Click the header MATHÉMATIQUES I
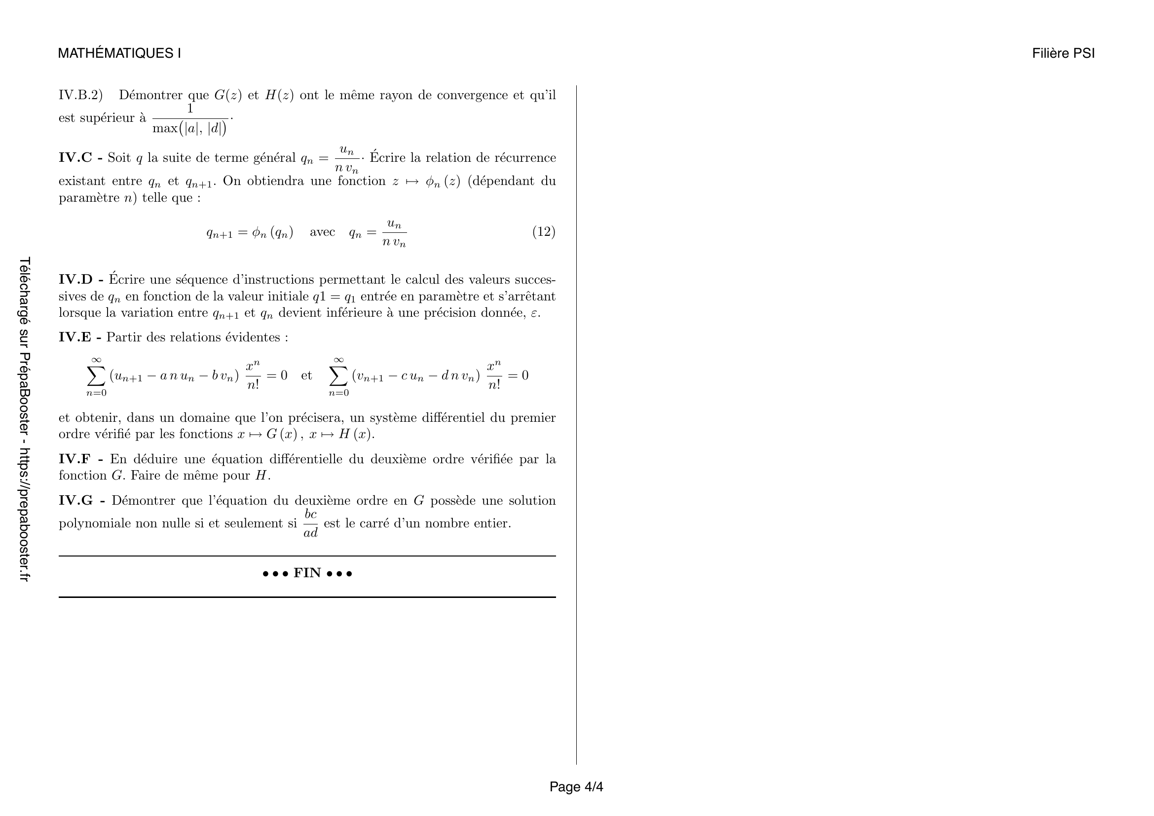(119, 53)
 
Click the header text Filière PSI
(1063, 53)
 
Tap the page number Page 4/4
(576, 787)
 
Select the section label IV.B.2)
(80, 95)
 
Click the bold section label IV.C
(75, 158)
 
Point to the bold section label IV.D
(76, 279)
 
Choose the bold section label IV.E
(75, 337)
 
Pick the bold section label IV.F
(75, 459)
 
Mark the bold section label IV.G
(76, 500)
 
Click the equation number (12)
(543, 232)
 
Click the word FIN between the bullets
(307, 573)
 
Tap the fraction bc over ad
(311, 523)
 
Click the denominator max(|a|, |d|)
(189, 129)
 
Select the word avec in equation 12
(322, 232)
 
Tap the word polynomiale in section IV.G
(94, 523)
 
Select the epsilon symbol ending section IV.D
(534, 314)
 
